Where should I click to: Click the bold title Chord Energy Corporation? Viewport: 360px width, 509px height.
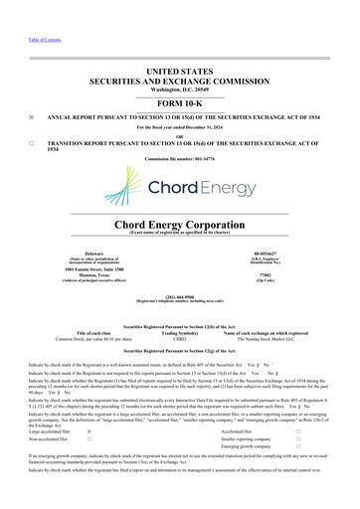pyautogui.click(x=180, y=224)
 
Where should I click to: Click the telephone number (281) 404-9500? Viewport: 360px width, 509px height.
pyautogui.click(x=180, y=296)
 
